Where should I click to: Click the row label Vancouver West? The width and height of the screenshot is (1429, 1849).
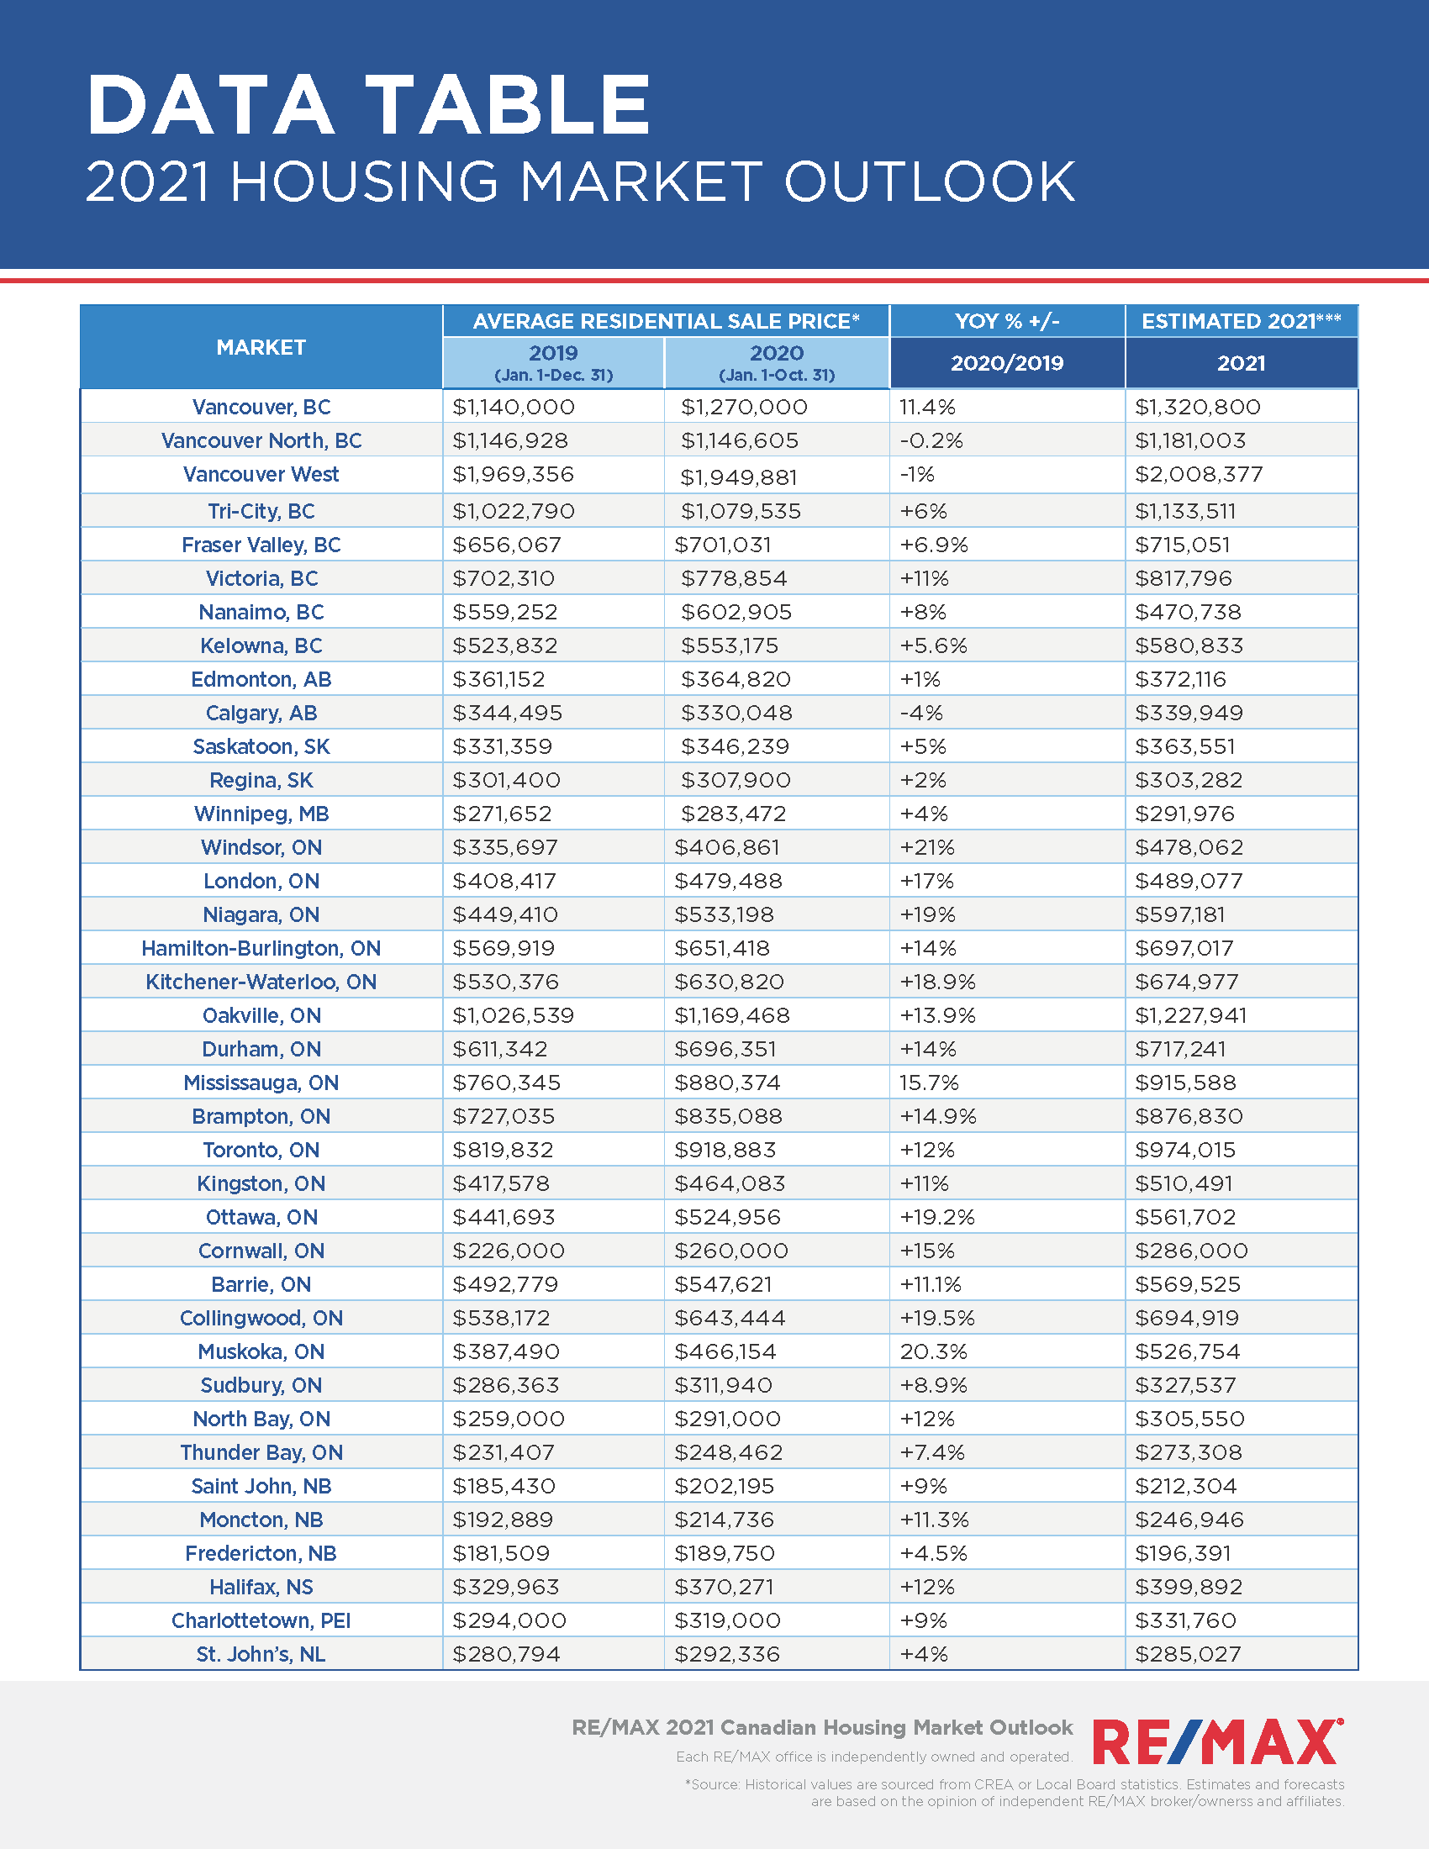click(x=261, y=474)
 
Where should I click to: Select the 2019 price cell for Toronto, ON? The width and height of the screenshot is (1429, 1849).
click(x=503, y=1150)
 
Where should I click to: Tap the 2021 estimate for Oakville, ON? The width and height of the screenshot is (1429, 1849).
click(x=1190, y=1015)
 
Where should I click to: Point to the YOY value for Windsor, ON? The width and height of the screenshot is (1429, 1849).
click(x=927, y=847)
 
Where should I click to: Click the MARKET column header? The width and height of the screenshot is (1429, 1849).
click(x=261, y=347)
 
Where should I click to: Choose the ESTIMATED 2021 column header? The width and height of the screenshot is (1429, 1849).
click(x=1240, y=321)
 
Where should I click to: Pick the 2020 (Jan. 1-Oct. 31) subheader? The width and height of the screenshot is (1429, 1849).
click(x=777, y=362)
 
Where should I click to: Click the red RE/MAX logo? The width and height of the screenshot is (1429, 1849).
click(x=1217, y=1743)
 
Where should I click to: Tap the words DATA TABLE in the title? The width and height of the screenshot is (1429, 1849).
click(x=368, y=105)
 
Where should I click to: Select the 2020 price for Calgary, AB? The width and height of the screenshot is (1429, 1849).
click(x=736, y=713)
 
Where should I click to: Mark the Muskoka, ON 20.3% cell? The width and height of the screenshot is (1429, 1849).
click(x=933, y=1351)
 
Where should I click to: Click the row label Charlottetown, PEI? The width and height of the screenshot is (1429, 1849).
click(x=261, y=1620)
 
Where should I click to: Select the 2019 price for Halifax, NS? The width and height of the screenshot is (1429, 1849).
click(x=505, y=1587)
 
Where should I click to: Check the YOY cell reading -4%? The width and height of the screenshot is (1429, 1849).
click(x=921, y=713)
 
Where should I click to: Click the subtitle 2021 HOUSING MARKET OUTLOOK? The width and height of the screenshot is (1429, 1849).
click(x=580, y=182)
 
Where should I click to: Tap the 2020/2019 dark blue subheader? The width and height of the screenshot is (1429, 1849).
click(x=1006, y=363)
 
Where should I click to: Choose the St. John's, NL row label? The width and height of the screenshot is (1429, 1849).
click(x=261, y=1654)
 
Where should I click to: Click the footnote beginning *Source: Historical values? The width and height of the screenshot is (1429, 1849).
click(x=1015, y=1793)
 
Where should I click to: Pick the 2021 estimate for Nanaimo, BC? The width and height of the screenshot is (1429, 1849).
click(x=1188, y=612)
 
